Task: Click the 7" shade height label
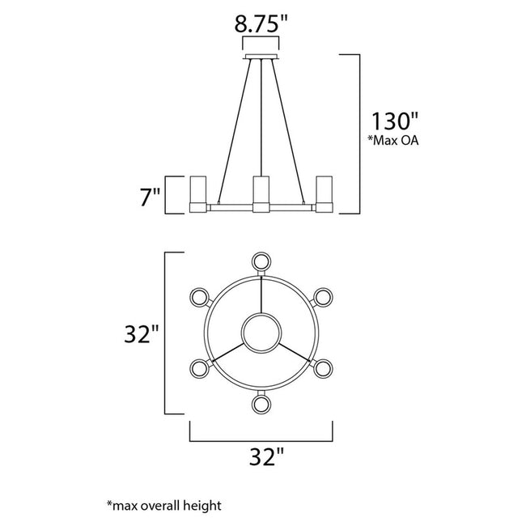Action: (151, 196)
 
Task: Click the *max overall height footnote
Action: (163, 506)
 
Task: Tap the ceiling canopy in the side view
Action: (261, 57)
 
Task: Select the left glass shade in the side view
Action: (199, 193)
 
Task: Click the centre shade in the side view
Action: (261, 194)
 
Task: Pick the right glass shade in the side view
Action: (325, 193)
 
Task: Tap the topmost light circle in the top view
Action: (261, 261)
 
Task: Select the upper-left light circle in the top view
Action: (199, 297)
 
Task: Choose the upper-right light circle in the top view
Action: (324, 297)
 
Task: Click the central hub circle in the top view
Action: (261, 332)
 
